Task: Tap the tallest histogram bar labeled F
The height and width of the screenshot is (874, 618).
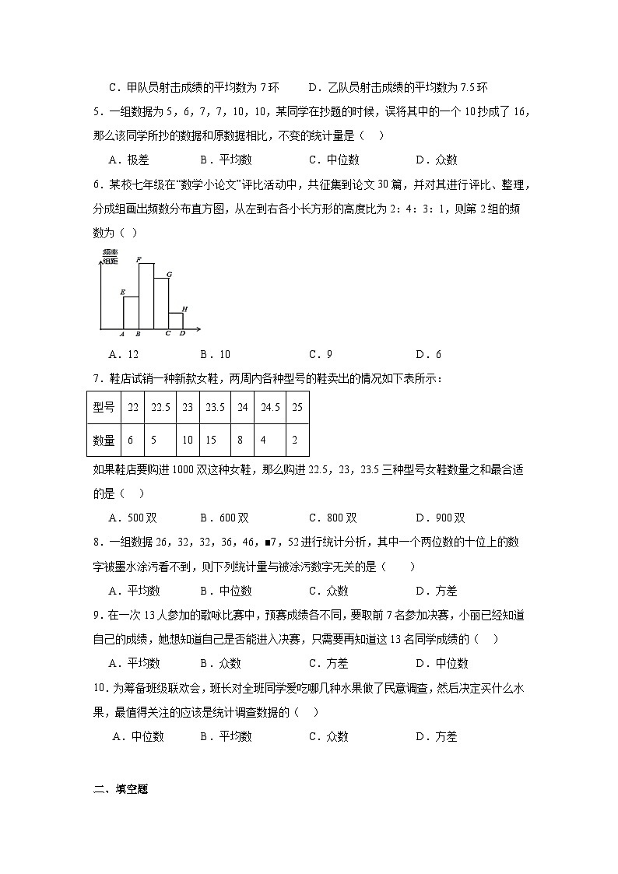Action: tap(146, 296)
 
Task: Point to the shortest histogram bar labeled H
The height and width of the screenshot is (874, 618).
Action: tap(177, 320)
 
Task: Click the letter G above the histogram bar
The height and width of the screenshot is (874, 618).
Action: tap(169, 274)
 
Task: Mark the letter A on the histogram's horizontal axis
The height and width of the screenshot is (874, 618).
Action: tap(123, 333)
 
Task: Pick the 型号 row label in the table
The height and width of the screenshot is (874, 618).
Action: tap(104, 406)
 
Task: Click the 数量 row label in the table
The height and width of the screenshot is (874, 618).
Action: tap(104, 441)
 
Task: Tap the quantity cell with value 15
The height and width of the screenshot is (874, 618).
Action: tap(212, 441)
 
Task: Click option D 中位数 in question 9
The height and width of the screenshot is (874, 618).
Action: tap(441, 663)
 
